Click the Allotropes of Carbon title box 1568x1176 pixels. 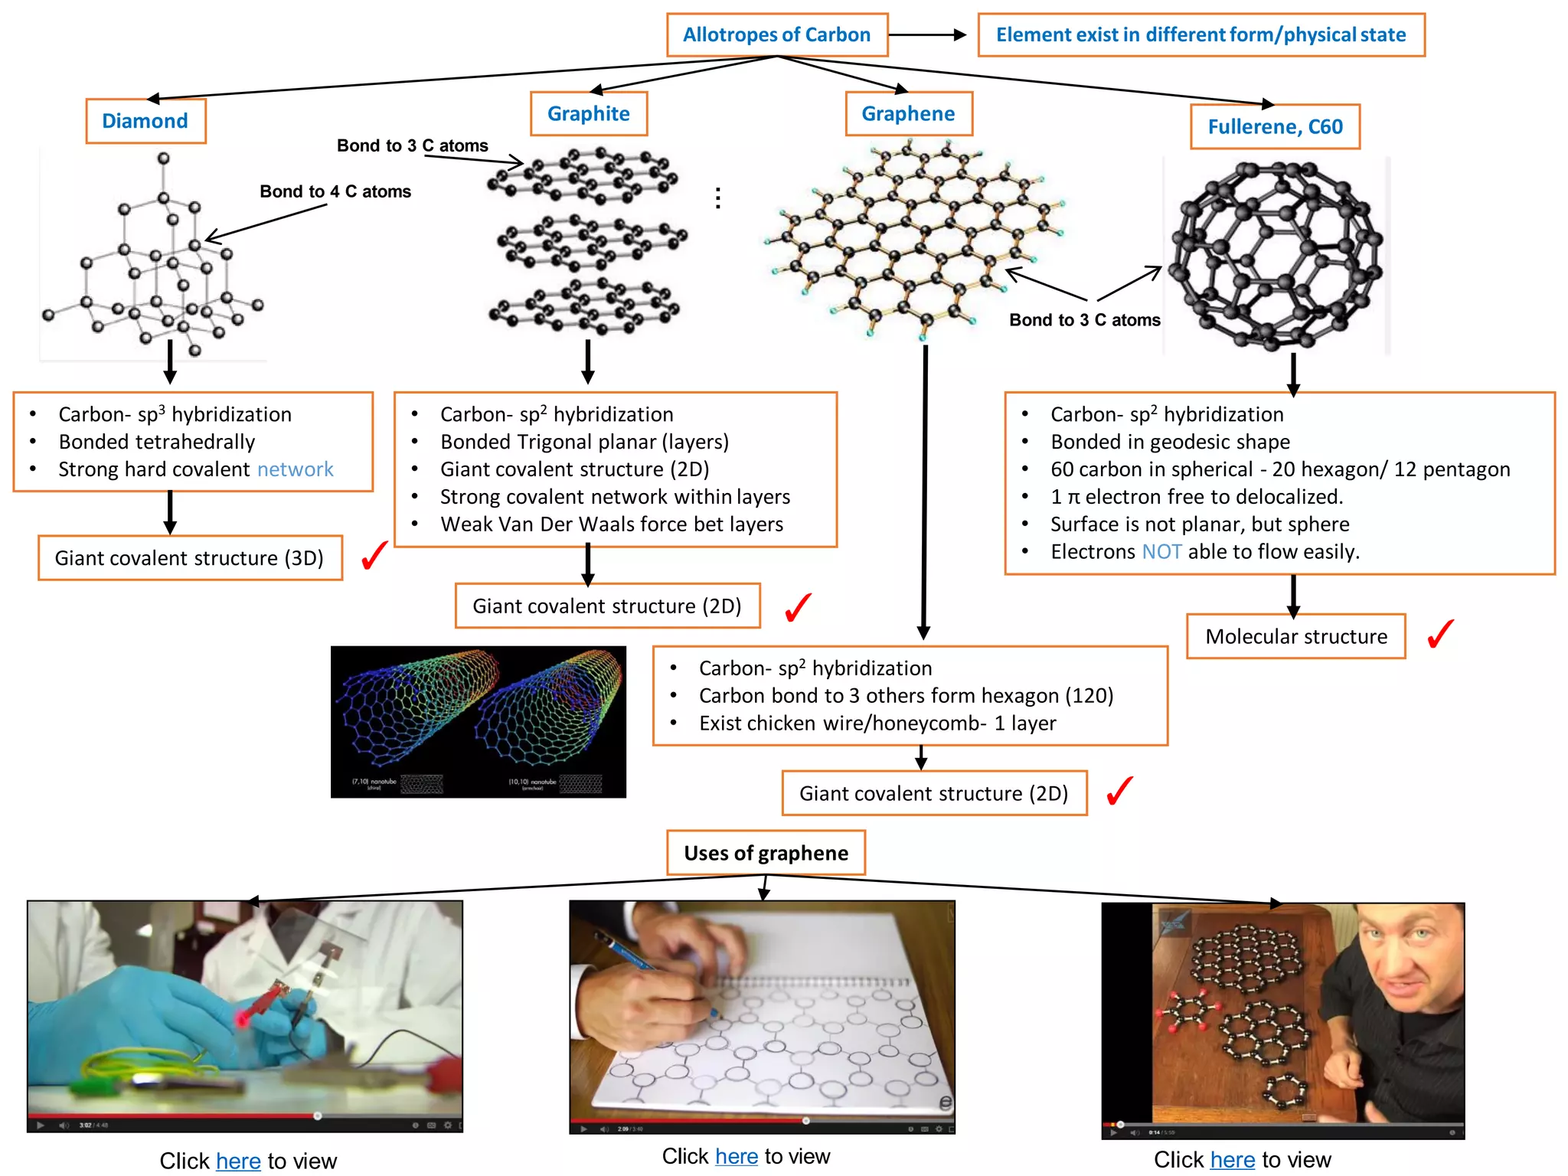776,35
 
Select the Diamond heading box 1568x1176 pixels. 145,121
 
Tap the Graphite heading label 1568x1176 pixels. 588,114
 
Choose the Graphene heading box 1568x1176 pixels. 908,114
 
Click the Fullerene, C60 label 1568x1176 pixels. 1275,127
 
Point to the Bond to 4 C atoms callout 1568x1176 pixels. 335,191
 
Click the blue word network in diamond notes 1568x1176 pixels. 295,469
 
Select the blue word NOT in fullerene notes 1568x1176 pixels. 1161,552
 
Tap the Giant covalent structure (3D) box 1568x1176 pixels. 190,558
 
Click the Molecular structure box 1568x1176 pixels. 1295,636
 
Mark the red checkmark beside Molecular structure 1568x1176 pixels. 1440,635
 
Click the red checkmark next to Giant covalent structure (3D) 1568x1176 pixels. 374,556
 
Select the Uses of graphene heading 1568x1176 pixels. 766,853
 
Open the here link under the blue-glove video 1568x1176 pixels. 238,1161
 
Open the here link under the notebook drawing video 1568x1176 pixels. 737,1156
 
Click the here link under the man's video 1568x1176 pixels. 1232,1160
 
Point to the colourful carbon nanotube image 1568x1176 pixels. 478,721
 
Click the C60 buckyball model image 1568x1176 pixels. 1276,256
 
